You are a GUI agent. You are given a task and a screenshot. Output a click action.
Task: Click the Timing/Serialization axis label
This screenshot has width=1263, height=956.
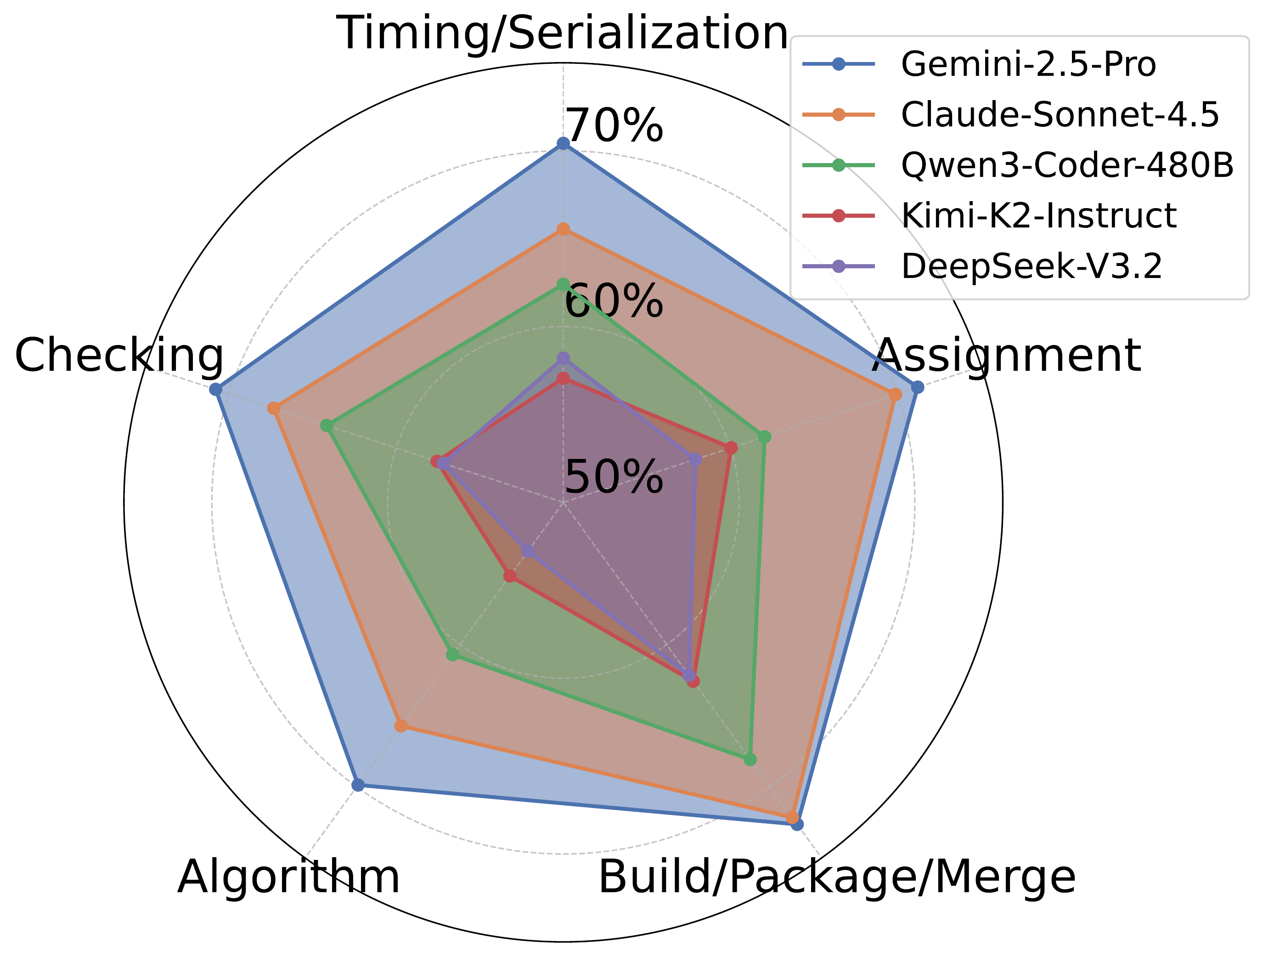[563, 33]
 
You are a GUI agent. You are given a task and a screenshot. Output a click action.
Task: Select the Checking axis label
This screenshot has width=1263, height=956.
[119, 355]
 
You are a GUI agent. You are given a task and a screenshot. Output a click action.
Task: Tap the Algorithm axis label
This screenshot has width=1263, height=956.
[289, 877]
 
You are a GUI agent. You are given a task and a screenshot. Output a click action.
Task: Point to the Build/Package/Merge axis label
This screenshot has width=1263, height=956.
[836, 877]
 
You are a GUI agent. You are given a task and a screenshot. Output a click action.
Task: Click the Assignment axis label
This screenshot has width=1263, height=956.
[1006, 355]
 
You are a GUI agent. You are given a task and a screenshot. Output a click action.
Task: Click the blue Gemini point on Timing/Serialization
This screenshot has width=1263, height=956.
[563, 143]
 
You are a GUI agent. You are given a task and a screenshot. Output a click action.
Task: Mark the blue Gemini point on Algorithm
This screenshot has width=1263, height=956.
[358, 785]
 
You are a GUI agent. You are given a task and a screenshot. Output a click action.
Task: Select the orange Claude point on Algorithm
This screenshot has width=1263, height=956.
[401, 726]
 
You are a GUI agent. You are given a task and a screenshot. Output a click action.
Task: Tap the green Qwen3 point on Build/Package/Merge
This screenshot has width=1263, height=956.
[750, 759]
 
